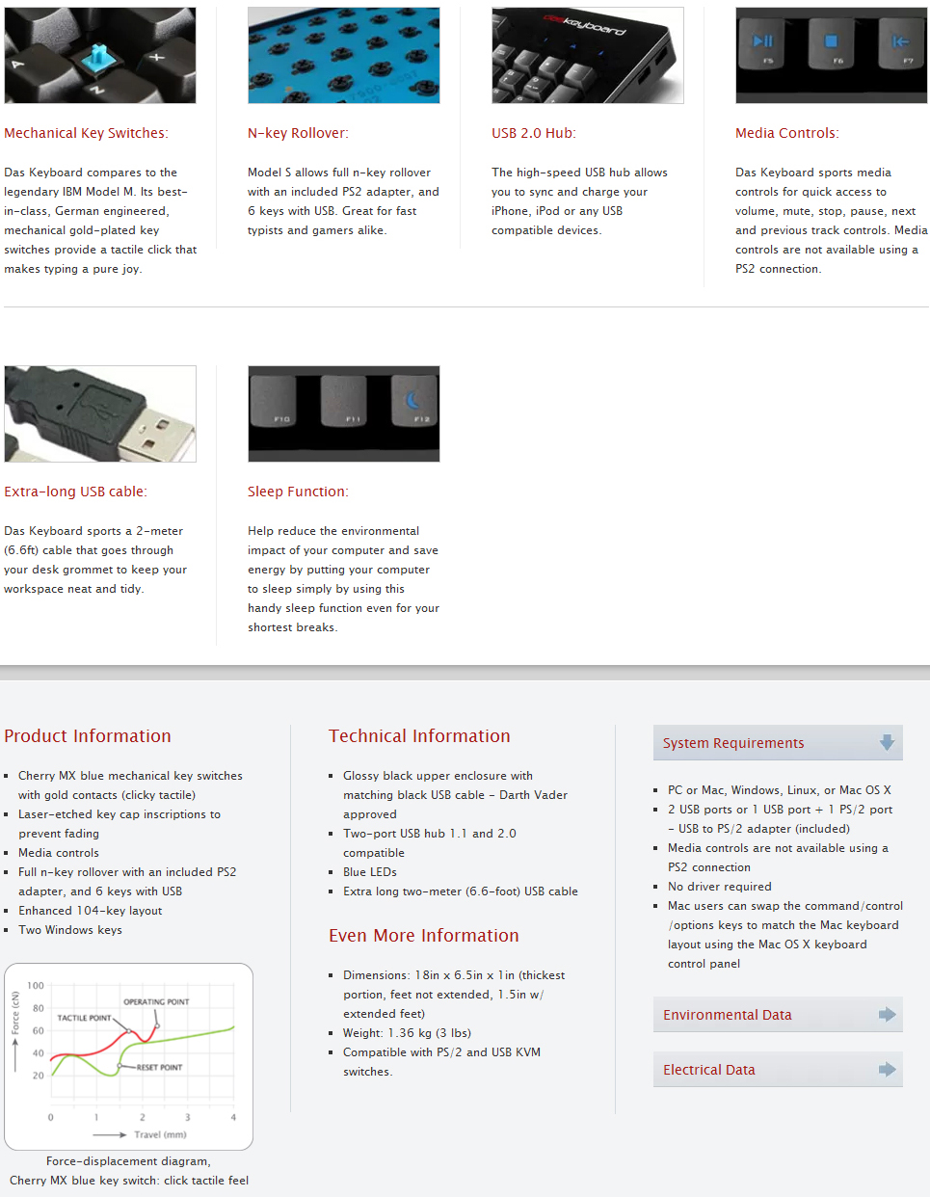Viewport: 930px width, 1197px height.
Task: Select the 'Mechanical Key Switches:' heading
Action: coord(86,133)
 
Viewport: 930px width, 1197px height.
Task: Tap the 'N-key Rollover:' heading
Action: coord(298,133)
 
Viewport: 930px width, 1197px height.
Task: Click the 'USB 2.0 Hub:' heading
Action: coord(534,133)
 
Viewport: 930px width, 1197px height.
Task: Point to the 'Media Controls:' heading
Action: coord(786,133)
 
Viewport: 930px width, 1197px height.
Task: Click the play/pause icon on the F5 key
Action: coord(763,41)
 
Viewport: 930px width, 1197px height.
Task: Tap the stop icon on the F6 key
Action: coord(832,41)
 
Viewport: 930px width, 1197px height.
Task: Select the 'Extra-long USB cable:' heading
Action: coord(75,492)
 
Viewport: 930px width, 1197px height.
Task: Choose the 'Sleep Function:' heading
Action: coord(298,492)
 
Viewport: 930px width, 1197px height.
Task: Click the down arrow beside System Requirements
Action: coord(887,742)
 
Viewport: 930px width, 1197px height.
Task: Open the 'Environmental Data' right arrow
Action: coord(887,1014)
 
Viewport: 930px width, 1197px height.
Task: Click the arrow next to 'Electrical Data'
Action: coord(887,1069)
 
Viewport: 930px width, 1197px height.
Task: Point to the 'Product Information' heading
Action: coord(88,736)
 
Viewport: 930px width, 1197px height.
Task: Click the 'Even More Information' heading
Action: coord(423,936)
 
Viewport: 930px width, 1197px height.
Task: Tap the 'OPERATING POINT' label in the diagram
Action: coord(156,1002)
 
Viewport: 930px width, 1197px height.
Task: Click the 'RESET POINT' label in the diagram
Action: coord(159,1068)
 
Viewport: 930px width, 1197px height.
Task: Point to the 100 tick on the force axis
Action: coord(36,986)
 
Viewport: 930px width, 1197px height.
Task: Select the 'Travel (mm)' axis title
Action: coord(160,1134)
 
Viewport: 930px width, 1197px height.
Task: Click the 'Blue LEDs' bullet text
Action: coord(370,872)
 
